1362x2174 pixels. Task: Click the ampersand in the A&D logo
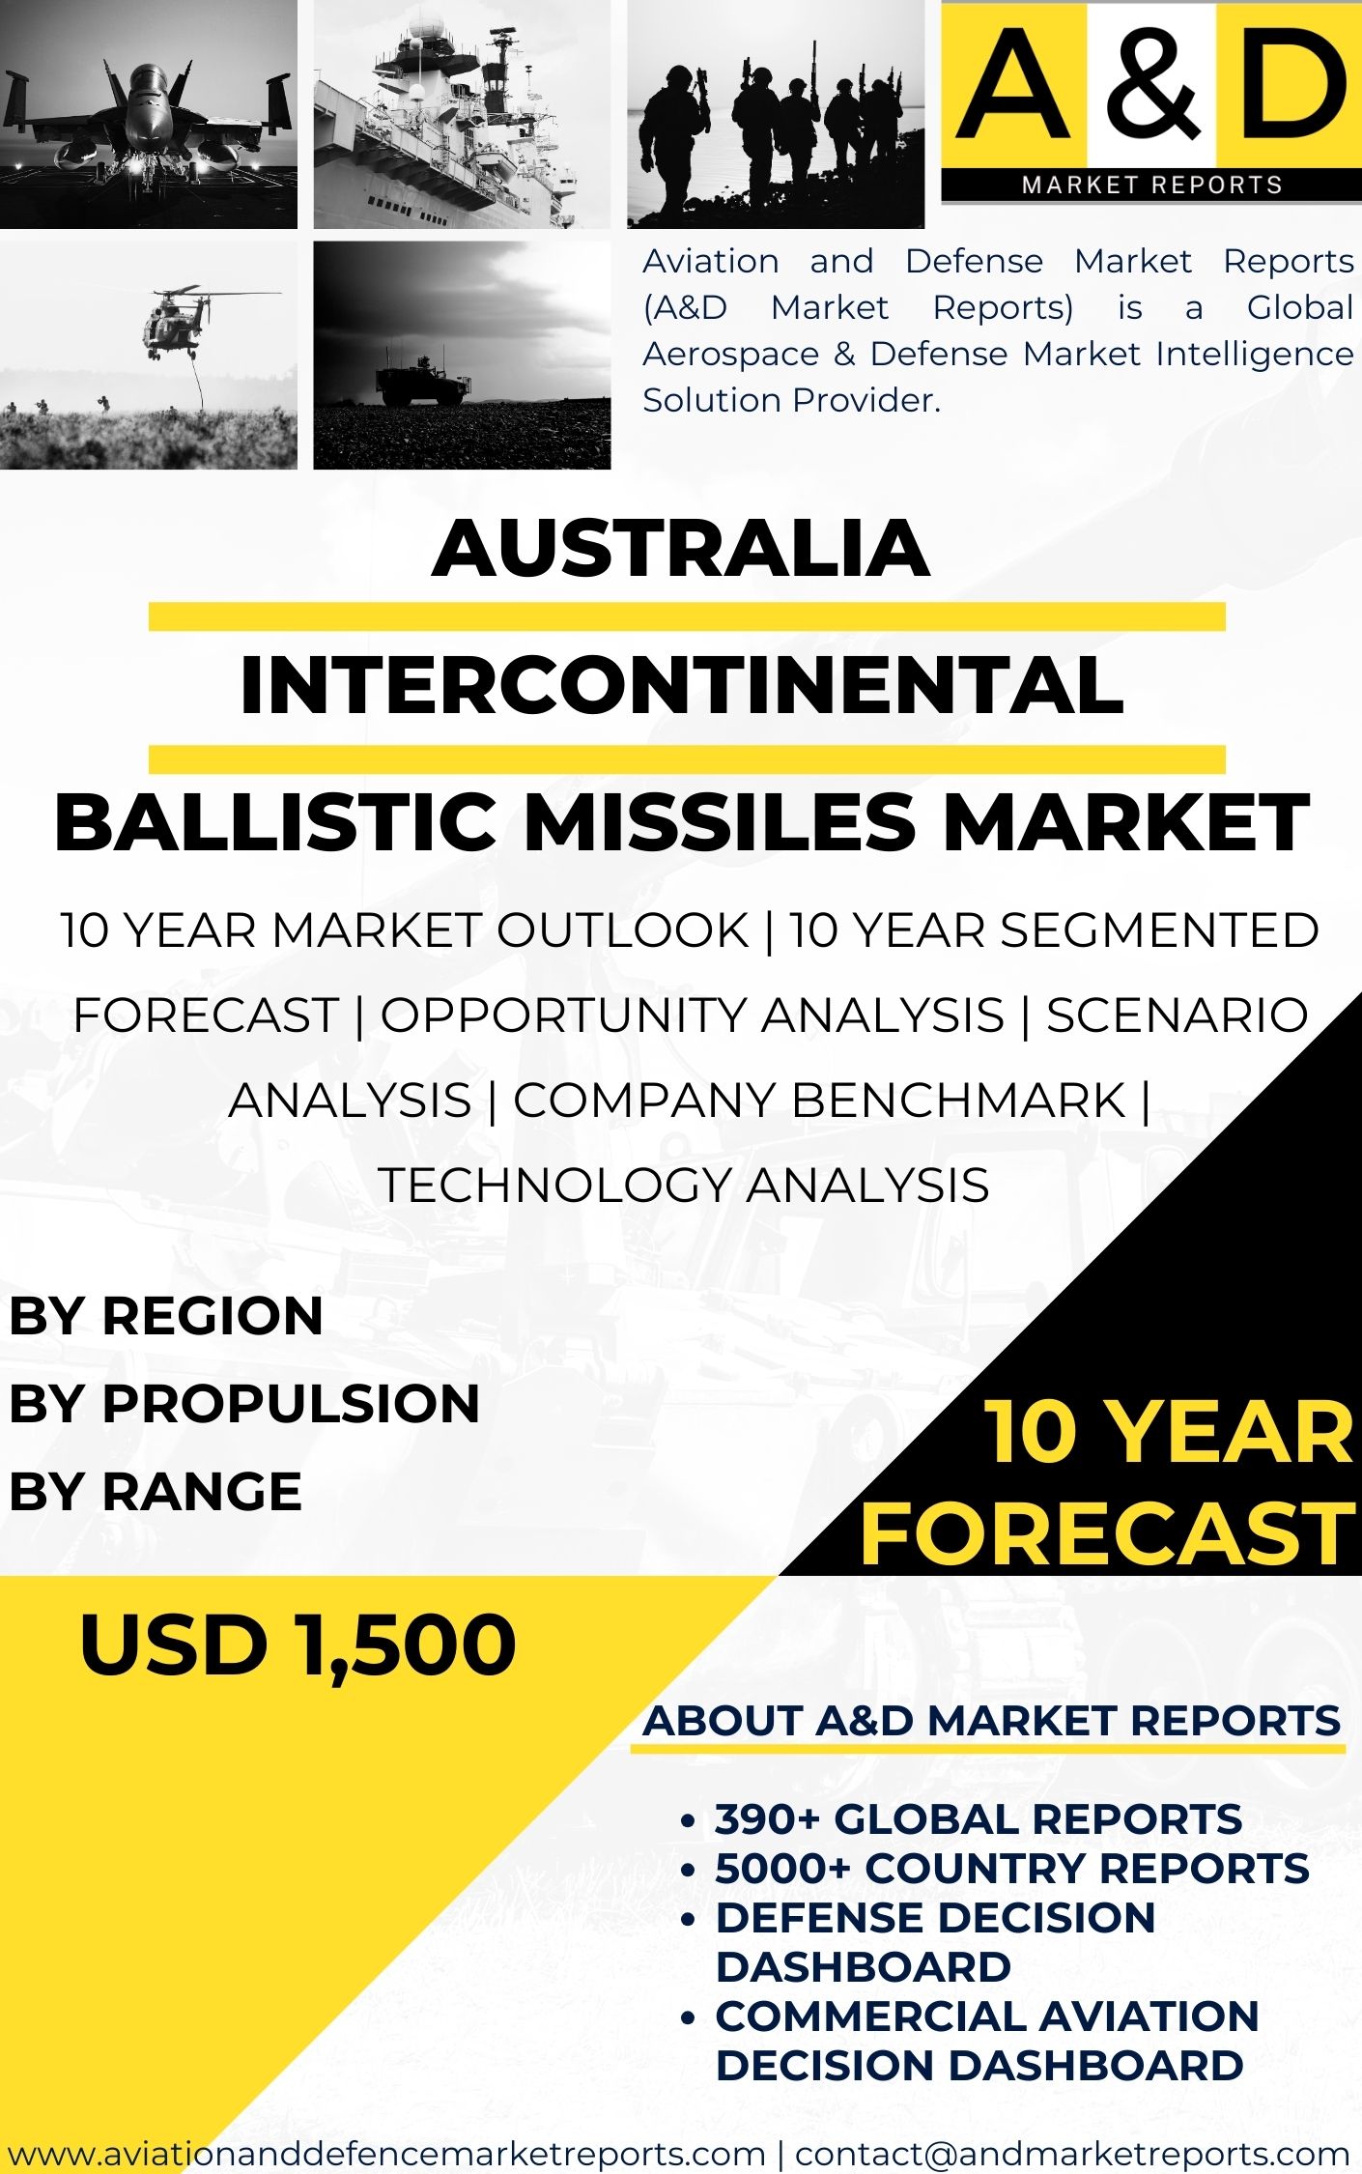pos(1150,84)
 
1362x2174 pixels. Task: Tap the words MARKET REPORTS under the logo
pos(1151,185)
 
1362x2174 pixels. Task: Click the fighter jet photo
pos(149,114)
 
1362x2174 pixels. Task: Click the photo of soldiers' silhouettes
pos(776,114)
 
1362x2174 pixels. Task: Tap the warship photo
pos(462,114)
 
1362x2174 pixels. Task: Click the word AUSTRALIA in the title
pos(681,548)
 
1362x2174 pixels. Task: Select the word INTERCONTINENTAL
pos(682,685)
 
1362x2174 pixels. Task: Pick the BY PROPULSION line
pos(244,1403)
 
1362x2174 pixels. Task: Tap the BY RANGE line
pos(156,1491)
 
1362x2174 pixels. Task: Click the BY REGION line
pos(166,1316)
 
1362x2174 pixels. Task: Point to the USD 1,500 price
pos(298,1645)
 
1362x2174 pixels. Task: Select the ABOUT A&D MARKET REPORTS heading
pos(992,1721)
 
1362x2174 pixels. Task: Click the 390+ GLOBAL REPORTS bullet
pos(979,1819)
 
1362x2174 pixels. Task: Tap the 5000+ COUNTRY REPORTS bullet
pos(1012,1869)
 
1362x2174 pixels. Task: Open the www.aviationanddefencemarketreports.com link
pos(386,2153)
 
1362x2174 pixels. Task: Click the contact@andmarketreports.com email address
pos(1072,2153)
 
